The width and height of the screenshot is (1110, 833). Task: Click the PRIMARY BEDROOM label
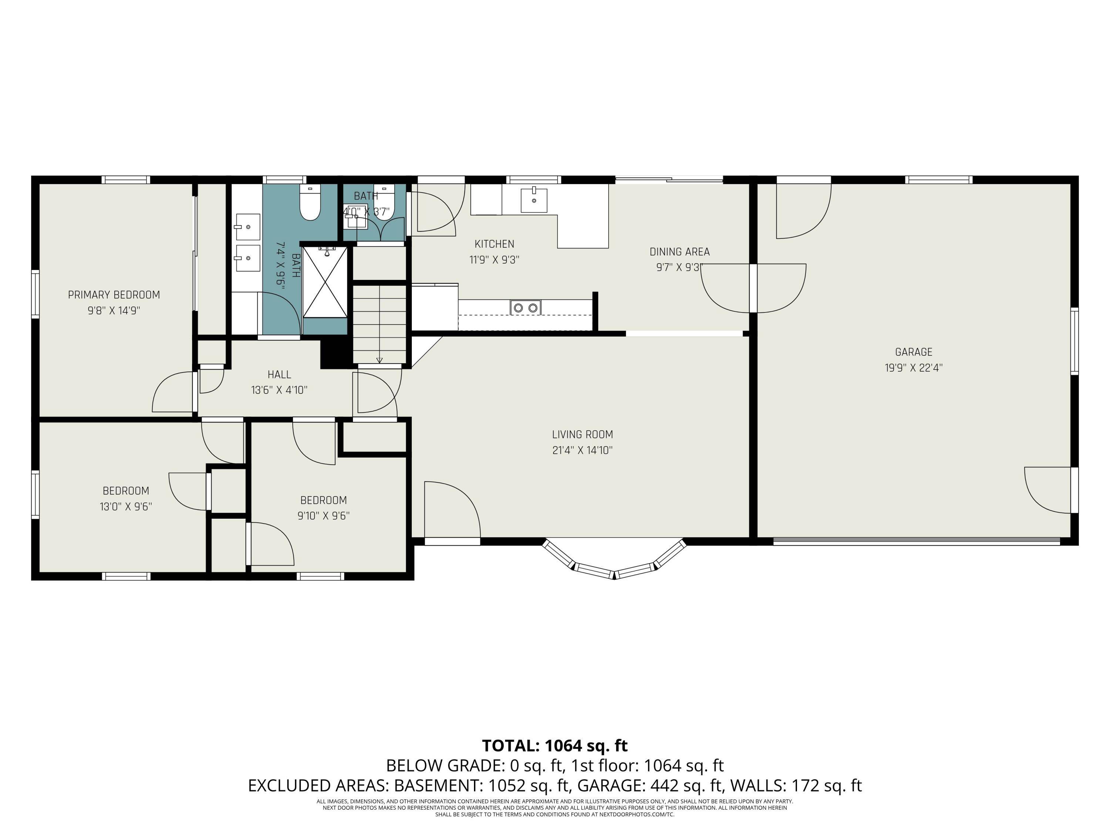pos(114,295)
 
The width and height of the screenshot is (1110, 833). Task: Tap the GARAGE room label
pos(913,352)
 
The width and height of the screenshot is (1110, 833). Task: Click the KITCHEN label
pos(494,244)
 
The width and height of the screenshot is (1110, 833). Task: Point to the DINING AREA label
pos(679,251)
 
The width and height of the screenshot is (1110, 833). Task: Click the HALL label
pos(279,375)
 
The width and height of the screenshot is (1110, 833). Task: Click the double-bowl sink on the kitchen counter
pos(525,307)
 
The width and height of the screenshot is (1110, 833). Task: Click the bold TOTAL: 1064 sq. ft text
pos(555,746)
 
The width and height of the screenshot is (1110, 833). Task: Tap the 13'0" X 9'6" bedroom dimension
pos(126,506)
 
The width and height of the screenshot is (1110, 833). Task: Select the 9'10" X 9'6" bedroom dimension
pos(324,516)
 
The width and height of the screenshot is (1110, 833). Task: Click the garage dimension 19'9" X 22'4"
pos(913,368)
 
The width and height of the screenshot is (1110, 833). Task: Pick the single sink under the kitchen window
pos(534,200)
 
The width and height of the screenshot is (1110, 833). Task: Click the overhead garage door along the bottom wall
pos(916,541)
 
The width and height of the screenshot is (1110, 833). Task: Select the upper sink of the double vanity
pos(248,227)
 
